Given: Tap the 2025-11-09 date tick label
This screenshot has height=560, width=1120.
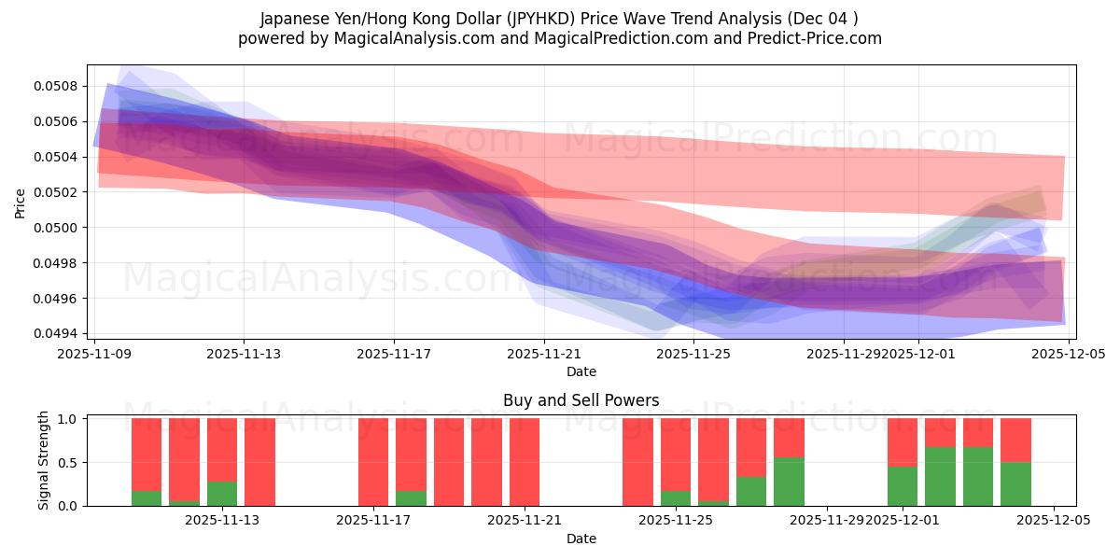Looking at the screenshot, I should [94, 354].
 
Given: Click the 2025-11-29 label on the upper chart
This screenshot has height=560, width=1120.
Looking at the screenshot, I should [843, 354].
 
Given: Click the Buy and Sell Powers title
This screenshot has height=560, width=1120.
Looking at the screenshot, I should [581, 400].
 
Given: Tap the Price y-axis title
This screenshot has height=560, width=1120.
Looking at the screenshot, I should [21, 202].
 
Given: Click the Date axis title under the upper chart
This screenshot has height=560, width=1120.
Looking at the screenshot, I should [581, 371].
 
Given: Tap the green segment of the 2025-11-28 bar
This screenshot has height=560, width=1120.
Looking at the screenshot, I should [789, 482].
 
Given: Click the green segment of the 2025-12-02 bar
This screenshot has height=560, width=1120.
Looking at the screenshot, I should [940, 477].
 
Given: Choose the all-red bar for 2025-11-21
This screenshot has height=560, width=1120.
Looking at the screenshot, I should [525, 462].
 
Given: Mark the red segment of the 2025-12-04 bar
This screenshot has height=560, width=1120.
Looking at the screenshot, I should [1015, 440].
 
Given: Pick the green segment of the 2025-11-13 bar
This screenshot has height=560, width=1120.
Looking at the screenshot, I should [222, 494].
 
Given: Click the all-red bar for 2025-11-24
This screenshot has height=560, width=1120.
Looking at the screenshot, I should [637, 462].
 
